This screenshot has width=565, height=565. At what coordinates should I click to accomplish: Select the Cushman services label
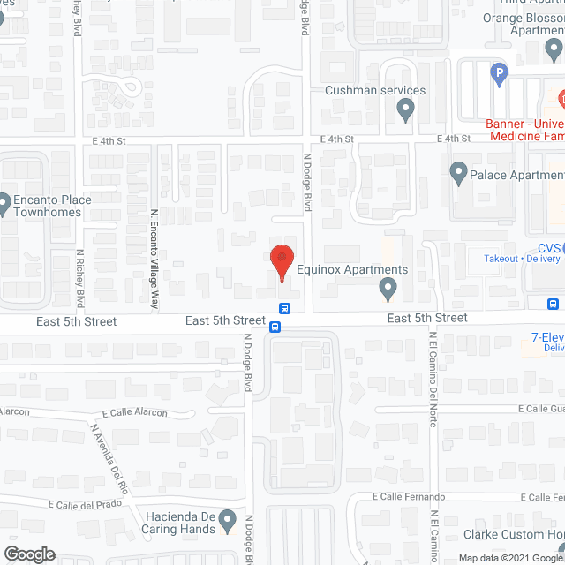point(375,90)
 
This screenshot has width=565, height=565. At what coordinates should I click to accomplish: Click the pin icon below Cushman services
point(406,109)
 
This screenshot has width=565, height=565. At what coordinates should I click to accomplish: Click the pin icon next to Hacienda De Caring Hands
point(227,519)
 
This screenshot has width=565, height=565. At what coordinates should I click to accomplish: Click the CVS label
point(548,248)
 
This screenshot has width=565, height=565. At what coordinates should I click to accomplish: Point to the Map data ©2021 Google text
point(510,558)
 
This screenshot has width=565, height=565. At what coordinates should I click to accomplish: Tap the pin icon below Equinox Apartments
point(387,288)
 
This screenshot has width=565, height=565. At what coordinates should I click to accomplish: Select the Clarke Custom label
point(514,534)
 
